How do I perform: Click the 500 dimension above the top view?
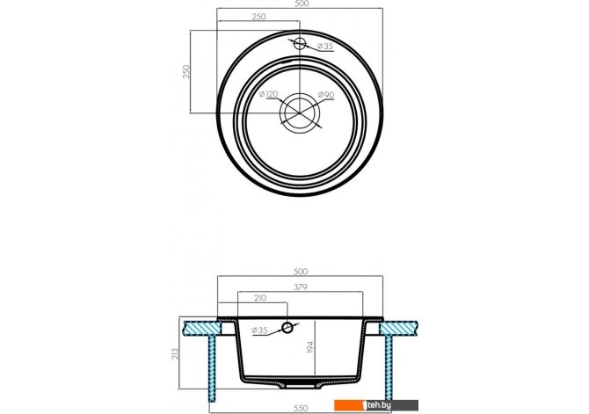coord(302,4)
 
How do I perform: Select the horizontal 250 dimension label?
coord(258,17)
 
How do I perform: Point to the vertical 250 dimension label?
coord(186,71)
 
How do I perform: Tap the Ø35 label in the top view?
coord(325,47)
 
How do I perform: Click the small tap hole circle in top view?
coord(300,44)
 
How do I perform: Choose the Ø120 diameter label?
coord(269,94)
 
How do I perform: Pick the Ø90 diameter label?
coord(326,95)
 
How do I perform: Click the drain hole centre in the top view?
coord(300,113)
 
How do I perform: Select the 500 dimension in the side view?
coord(301,272)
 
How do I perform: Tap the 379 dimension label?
coord(301,287)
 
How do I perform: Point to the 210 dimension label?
coord(260,298)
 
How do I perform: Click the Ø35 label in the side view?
coord(260,330)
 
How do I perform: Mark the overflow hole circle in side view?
coord(287,328)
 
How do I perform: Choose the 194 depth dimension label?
coord(310,346)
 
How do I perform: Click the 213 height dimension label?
coord(175,353)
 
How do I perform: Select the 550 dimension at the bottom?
coord(301,409)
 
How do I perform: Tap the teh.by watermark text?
coord(379,404)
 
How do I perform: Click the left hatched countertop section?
coord(200,328)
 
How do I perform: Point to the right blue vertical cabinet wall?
coord(389,367)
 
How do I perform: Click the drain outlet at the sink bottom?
coord(300,385)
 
